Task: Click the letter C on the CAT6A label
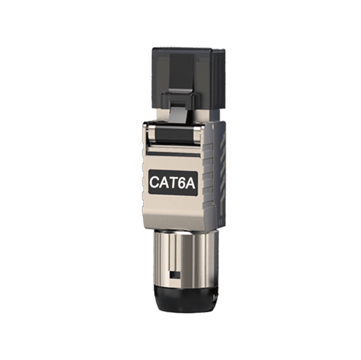pos(155,182)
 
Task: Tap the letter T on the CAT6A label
pos(175,182)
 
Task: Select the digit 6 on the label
pos(184,182)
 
